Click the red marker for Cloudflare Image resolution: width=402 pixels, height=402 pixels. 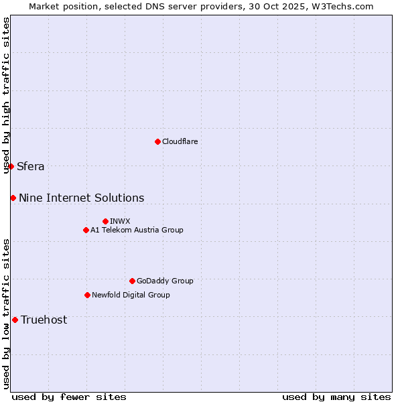157,141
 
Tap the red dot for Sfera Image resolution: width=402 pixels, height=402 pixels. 11,166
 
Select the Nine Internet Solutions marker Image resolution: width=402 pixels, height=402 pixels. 13,198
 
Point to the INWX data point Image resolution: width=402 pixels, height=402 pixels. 105,221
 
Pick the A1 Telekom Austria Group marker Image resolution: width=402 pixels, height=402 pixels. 86,230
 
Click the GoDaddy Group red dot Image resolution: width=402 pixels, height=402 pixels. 132,281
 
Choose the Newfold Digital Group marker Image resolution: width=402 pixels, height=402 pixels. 87,295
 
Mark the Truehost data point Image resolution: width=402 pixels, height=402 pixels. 15,320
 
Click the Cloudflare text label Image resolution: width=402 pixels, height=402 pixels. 180,141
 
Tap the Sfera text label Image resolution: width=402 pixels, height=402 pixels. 31,167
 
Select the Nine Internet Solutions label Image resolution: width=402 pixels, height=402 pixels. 81,198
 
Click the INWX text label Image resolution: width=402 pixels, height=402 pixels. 120,221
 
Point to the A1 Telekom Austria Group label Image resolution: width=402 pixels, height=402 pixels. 137,230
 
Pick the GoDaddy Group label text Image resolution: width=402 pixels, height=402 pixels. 165,281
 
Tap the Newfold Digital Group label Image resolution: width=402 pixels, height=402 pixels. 131,295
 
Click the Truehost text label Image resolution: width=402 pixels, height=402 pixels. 44,320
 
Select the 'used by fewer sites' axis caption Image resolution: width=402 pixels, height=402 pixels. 69,397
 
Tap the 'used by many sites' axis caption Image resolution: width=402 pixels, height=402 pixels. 336,397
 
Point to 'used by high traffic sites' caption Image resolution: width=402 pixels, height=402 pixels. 6,95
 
